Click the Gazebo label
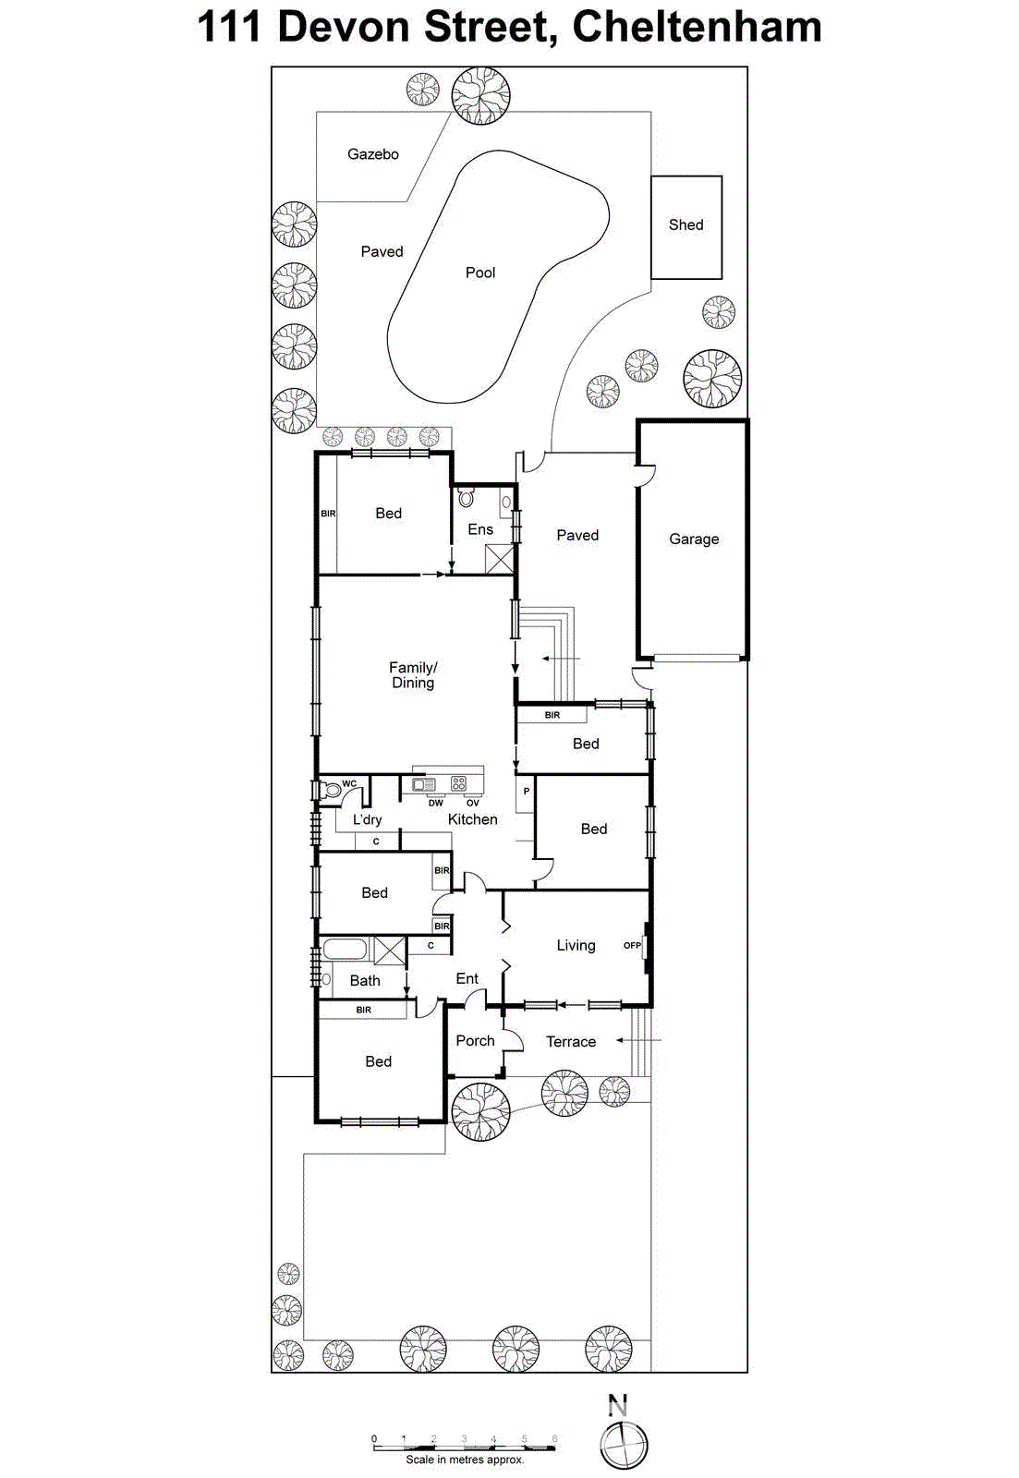click(x=373, y=154)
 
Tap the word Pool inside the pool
click(x=480, y=273)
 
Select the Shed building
click(x=686, y=226)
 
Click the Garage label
click(x=694, y=539)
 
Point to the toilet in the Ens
click(x=467, y=498)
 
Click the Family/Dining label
click(x=413, y=674)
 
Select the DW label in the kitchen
click(x=435, y=803)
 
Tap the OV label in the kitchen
click(x=473, y=803)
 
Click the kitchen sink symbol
click(x=424, y=784)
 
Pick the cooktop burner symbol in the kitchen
click(x=459, y=784)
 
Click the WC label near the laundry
click(x=349, y=783)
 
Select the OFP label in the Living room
click(x=632, y=945)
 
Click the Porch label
click(x=475, y=1040)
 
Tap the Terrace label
click(x=571, y=1041)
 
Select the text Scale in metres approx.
click(x=465, y=1460)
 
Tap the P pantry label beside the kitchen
click(x=527, y=792)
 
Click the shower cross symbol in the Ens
click(x=500, y=559)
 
